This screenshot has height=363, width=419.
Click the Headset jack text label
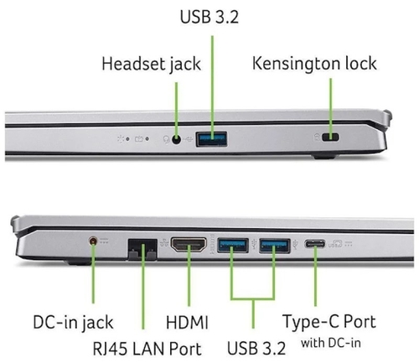(151, 64)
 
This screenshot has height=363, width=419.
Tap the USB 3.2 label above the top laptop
(209, 17)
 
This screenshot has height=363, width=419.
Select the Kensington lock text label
(314, 64)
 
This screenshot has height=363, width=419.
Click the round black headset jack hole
(176, 139)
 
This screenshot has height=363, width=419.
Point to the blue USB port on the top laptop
(211, 139)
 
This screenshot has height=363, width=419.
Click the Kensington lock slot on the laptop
(330, 137)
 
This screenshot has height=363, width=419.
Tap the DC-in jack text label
(73, 323)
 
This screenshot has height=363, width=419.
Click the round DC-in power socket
(93, 241)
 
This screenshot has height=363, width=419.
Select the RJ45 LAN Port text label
(147, 349)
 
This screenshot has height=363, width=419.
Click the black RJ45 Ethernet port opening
(142, 249)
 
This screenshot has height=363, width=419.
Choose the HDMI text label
(187, 322)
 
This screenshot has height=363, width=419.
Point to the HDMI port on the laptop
(189, 245)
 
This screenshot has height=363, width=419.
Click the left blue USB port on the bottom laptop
(233, 245)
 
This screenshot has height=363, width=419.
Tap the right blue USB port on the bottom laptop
(275, 246)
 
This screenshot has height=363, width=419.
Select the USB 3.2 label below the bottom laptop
(256, 348)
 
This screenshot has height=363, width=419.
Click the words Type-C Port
(329, 322)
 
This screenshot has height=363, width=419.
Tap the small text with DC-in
(331, 343)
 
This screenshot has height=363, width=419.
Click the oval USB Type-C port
(315, 244)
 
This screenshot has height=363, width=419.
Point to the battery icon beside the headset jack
(139, 139)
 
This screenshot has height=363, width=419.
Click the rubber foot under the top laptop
(324, 156)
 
